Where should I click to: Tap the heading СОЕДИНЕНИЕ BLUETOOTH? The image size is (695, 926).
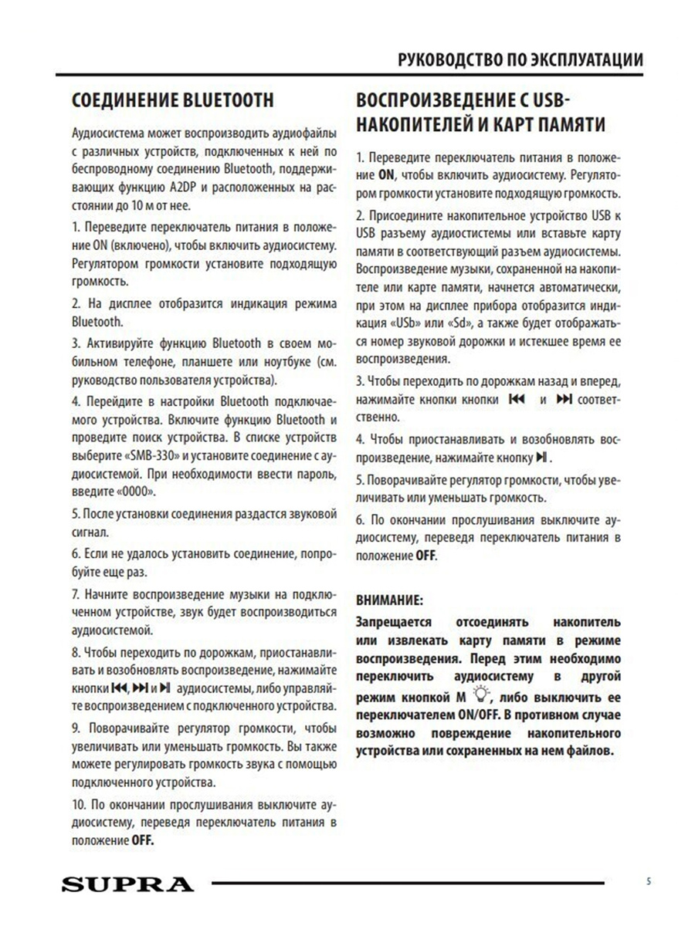[171, 101]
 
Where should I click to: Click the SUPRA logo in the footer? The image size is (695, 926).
[127, 883]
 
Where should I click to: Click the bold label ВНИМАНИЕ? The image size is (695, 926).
[389, 600]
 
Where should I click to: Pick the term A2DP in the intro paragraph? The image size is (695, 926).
[223, 187]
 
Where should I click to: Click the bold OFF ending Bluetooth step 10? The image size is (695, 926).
[142, 840]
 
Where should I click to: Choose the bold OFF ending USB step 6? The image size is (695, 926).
[425, 555]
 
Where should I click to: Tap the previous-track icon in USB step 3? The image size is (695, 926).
[517, 400]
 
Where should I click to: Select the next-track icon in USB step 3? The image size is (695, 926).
[564, 400]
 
